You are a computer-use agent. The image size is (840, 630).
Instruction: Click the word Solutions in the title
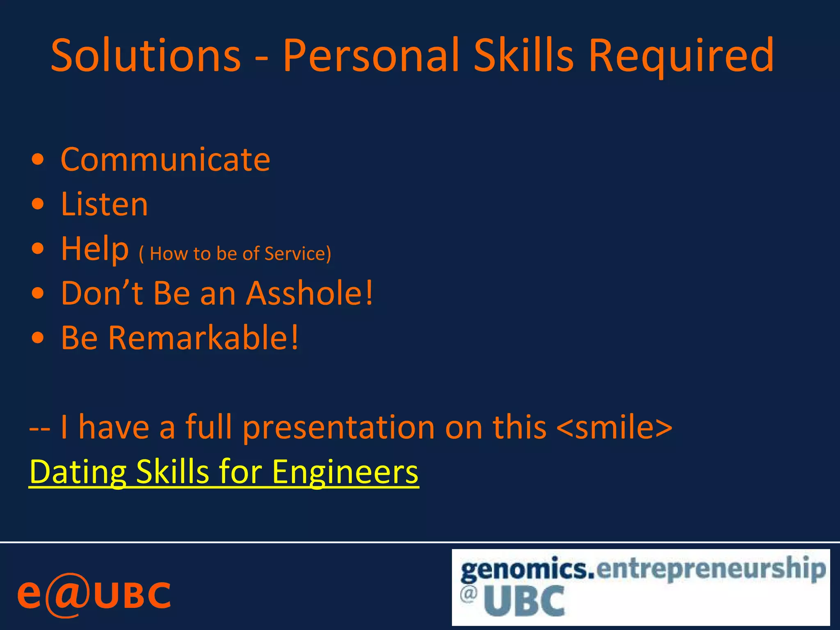146,55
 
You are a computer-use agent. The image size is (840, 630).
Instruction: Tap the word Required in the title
681,55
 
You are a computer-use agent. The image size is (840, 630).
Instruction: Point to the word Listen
104,204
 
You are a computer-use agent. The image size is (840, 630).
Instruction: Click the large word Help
95,249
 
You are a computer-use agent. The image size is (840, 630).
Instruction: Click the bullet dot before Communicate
37,160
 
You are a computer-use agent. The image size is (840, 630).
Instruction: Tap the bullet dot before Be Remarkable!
37,338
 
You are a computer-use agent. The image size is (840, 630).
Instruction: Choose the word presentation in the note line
338,427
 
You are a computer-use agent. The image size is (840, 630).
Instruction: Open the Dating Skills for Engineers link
224,472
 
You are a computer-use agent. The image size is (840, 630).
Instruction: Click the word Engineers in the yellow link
345,472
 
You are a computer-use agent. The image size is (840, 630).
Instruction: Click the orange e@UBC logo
94,595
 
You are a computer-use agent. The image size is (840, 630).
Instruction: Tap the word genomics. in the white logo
527,569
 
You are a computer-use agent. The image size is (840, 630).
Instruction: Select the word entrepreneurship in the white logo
710,568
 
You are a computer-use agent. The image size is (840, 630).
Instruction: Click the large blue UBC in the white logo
524,601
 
